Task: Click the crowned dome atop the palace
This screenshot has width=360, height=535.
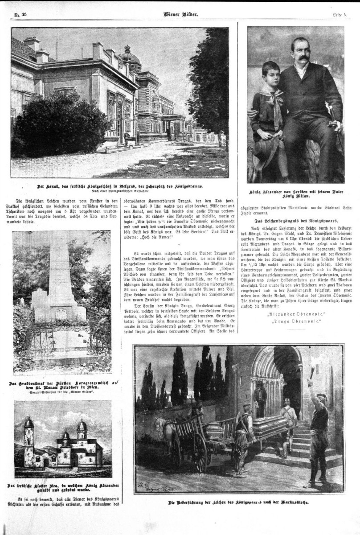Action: [131, 57]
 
